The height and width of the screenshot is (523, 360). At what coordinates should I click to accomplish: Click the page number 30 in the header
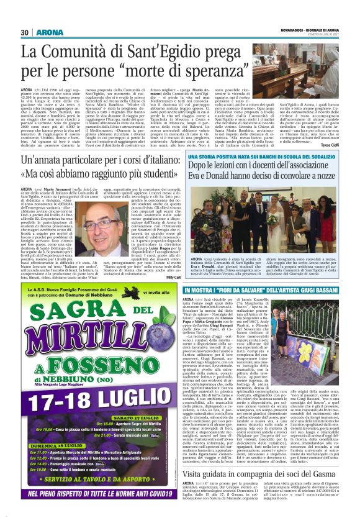[x=25, y=32]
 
